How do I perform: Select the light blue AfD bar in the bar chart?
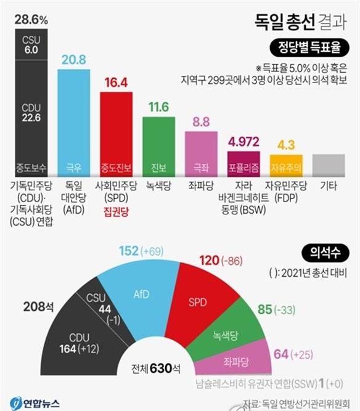[74, 123]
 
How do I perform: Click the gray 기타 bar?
[328, 165]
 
